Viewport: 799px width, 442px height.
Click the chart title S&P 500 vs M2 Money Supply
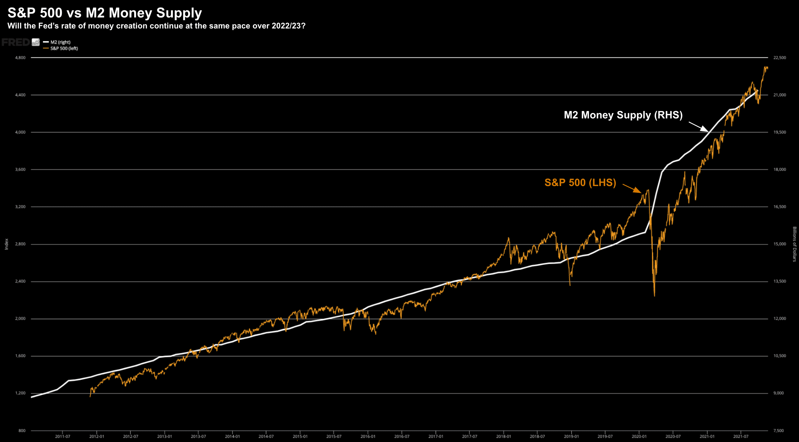[104, 13]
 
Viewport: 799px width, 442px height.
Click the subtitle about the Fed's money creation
[156, 26]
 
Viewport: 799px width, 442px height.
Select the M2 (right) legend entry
[60, 42]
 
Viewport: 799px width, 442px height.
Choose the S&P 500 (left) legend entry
[64, 49]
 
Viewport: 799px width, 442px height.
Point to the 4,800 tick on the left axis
[20, 58]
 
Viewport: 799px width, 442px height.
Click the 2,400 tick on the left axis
[20, 282]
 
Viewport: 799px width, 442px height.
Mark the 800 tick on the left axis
[22, 431]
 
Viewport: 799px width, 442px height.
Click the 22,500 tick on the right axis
[779, 58]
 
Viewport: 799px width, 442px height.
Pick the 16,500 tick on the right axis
[779, 207]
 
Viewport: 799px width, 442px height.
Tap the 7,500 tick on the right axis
[778, 431]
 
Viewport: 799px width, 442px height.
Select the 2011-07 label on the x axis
[62, 436]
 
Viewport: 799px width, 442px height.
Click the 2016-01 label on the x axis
[368, 436]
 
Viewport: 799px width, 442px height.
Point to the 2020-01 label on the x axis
[639, 436]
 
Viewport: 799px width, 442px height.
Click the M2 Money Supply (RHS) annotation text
[623, 115]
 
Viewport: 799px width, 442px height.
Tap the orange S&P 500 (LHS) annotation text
[580, 183]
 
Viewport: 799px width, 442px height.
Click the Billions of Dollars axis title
[794, 244]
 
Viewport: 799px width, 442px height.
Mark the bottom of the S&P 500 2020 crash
[655, 295]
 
